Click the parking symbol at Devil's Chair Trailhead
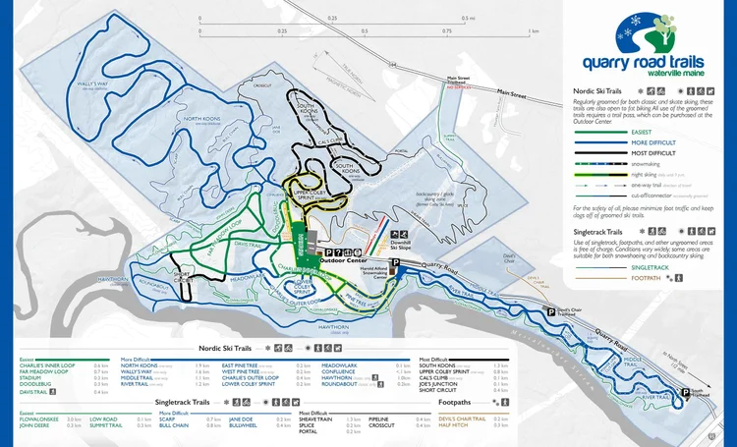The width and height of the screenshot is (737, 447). click(550, 310)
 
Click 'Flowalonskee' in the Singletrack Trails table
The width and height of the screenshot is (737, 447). click(40, 418)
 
